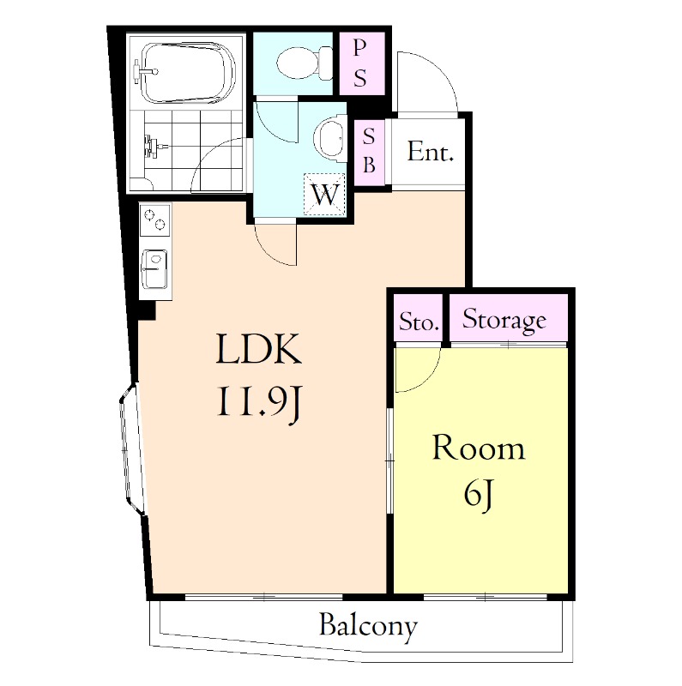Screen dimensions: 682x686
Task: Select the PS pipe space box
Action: coord(362,63)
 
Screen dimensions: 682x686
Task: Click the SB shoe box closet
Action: coord(369,152)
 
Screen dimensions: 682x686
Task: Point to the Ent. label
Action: coord(430,152)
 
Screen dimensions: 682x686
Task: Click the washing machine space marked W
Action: coord(325,195)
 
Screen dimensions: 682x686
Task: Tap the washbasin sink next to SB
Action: coord(331,138)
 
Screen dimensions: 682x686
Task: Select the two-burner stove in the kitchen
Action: coord(155,220)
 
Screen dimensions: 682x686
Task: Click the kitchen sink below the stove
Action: coord(154,269)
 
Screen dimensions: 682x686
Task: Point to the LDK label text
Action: coord(259,349)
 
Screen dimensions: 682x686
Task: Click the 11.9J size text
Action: coord(258,402)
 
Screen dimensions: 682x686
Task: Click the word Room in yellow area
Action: coord(479,448)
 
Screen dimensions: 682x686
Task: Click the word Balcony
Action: coord(368,626)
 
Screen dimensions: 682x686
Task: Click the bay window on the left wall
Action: coord(132,448)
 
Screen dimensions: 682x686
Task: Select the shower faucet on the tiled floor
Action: coord(154,146)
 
